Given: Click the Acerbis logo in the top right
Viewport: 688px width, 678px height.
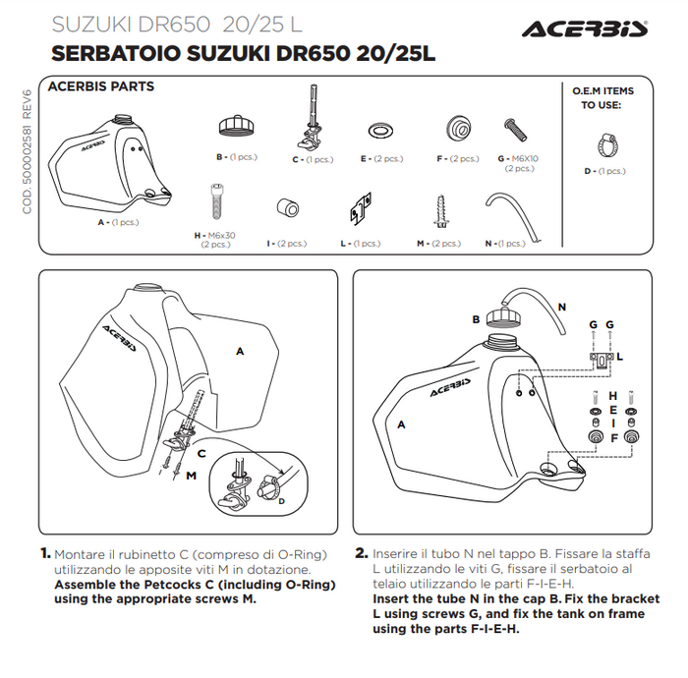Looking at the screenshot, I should (584, 28).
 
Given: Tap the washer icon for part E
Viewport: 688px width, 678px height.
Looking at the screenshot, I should (378, 130).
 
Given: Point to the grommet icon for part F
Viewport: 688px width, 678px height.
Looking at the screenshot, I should (457, 128).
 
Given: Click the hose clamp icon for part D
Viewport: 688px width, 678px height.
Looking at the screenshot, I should (602, 144).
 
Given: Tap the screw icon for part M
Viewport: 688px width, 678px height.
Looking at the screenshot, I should (436, 210).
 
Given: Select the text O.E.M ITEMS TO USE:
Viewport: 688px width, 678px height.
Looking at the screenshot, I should (602, 97).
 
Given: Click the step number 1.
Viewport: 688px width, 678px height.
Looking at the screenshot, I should (45, 553).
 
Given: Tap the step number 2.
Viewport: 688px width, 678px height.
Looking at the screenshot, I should (361, 553).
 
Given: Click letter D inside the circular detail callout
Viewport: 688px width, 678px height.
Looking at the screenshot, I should (281, 501).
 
